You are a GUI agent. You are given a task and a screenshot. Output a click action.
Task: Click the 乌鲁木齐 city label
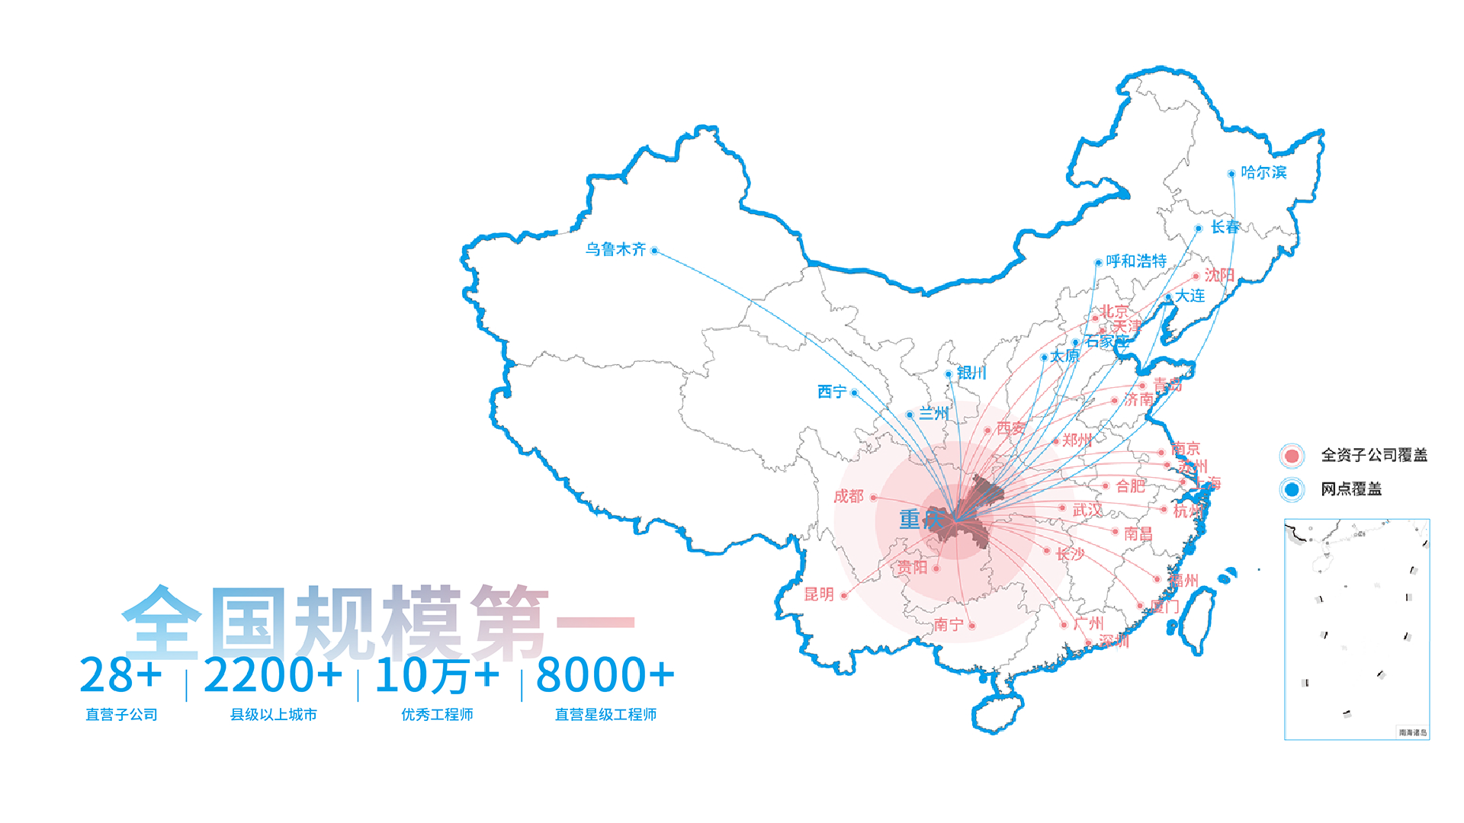coord(615,249)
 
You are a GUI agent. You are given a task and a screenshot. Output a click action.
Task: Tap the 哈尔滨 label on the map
coord(1263,172)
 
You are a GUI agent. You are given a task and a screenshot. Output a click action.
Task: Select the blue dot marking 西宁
coord(855,392)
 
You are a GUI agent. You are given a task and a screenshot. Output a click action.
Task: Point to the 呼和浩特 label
coord(1136,261)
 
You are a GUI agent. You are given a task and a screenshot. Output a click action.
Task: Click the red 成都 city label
coord(848,496)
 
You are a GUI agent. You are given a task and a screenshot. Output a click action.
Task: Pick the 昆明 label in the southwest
coord(819,594)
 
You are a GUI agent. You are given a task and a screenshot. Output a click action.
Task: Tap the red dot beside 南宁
coord(972,626)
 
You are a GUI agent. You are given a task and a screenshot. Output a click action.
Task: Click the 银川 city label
coord(971,373)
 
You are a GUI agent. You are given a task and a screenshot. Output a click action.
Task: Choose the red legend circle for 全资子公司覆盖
coord(1292,456)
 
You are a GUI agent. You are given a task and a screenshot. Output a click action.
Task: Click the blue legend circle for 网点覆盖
coord(1292,489)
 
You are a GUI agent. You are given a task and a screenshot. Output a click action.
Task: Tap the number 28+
coord(121,675)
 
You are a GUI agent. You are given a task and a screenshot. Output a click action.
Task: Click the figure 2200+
coord(273,675)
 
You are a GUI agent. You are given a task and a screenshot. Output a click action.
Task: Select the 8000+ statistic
coord(605,675)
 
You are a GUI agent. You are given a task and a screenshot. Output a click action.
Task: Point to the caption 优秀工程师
coord(437,715)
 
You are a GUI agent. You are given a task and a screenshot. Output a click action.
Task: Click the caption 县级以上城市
coord(273,715)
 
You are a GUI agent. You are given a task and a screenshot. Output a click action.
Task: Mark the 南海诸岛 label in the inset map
coord(1412,732)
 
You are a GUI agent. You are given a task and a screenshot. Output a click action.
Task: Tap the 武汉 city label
coord(1087,510)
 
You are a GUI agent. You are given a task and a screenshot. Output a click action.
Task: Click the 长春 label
coord(1225,226)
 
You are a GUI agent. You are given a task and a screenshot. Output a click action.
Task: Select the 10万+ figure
coord(437,675)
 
